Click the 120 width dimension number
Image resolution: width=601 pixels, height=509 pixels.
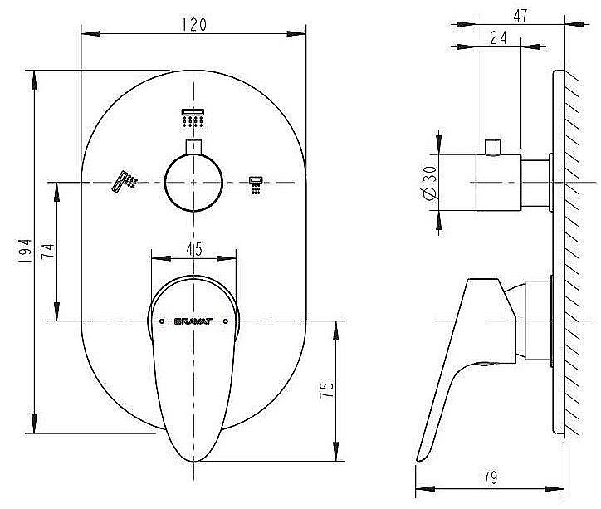point(194,25)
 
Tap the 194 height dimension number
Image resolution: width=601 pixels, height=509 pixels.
point(24,251)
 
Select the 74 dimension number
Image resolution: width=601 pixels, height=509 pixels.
point(47,252)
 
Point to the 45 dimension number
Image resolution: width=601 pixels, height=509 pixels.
point(194,249)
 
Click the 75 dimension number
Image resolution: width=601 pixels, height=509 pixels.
point(326,389)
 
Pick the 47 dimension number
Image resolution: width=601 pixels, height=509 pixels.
point(520,15)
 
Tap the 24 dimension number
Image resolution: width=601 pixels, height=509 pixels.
point(498,37)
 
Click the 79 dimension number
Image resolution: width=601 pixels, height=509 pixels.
point(490,477)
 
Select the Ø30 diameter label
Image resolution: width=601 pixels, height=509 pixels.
point(429,183)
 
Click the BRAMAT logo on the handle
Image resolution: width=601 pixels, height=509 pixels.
point(193,321)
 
